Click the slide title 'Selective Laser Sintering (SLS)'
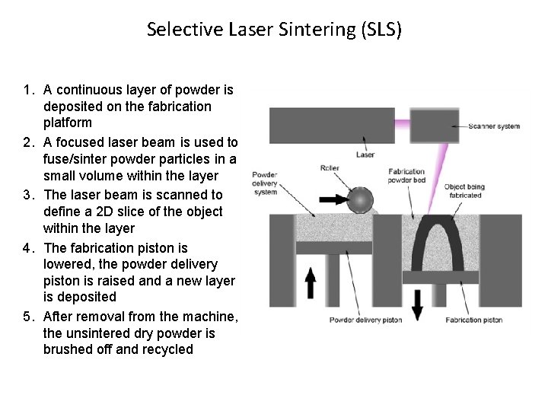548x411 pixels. pos(274,30)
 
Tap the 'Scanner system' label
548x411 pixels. pos(494,126)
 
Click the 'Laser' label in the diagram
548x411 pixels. pos(365,155)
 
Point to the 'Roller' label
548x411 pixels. pos(330,167)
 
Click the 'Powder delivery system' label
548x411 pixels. pos(265,183)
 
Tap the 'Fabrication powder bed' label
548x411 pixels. pos(406,176)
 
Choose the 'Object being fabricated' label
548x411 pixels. pos(464,191)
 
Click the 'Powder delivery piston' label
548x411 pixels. pos(365,320)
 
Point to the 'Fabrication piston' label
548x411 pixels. pos(473,320)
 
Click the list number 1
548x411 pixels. pos(28,91)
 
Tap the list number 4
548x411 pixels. pos(28,248)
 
